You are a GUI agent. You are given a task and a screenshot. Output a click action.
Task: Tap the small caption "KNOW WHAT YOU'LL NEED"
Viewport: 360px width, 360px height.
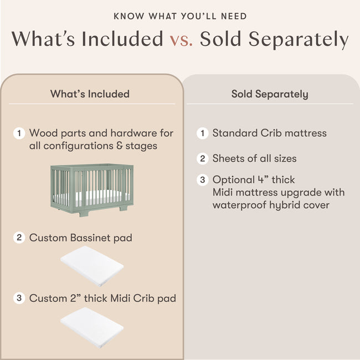pyautogui.click(x=180, y=16)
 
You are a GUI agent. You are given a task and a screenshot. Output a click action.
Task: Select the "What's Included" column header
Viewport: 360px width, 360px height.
pyautogui.click(x=90, y=94)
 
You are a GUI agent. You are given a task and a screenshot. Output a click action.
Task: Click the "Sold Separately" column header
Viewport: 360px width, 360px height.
pyautogui.click(x=270, y=94)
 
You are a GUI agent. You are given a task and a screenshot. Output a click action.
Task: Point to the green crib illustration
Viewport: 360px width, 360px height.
pyautogui.click(x=92, y=188)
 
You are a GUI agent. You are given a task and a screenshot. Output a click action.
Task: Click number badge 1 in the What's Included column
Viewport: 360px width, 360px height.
pyautogui.click(x=19, y=133)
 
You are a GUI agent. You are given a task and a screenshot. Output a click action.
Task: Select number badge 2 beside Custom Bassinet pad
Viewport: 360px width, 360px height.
pyautogui.click(x=19, y=238)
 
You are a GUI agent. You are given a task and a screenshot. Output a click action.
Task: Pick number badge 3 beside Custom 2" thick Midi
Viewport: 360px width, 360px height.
pyautogui.click(x=19, y=299)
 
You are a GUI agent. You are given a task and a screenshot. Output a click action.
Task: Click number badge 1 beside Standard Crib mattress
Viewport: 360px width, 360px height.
pyautogui.click(x=203, y=133)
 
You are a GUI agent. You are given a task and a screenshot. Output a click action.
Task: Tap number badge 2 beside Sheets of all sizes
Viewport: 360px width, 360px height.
pyautogui.click(x=203, y=159)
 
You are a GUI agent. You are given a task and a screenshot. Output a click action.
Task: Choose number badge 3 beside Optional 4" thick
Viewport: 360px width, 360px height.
pyautogui.click(x=203, y=180)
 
